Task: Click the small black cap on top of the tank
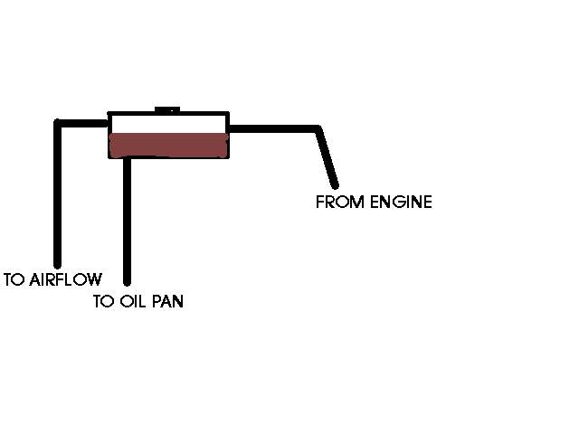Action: coord(167,110)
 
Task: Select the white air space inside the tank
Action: coord(167,124)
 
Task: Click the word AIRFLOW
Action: coord(63,279)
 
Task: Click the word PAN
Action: coord(167,302)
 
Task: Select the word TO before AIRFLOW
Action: coord(14,279)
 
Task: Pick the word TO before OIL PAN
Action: coord(103,302)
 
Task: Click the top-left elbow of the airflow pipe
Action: coord(59,123)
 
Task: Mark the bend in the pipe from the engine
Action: coord(317,128)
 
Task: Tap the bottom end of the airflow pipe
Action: coord(58,262)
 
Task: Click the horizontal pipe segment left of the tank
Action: coord(83,122)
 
